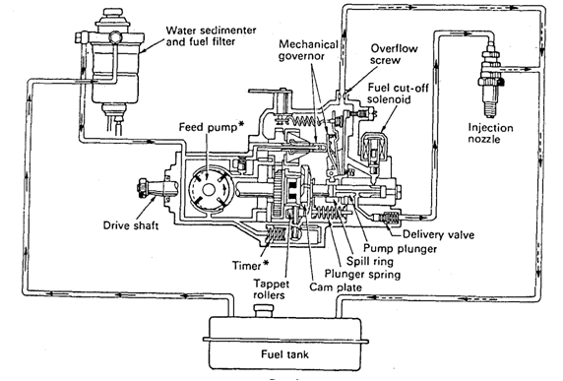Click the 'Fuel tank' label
click(284, 354)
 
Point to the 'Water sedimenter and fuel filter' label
click(211, 35)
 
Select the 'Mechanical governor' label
click(308, 50)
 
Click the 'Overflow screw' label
click(394, 54)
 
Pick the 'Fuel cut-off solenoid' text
click(398, 94)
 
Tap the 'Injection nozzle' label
click(490, 133)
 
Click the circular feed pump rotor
click(209, 190)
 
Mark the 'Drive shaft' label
click(131, 225)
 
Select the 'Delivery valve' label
click(438, 234)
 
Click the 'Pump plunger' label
click(400, 248)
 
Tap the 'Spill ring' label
click(369, 261)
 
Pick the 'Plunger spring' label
click(362, 274)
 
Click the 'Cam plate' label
click(336, 286)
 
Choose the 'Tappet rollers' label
click(271, 289)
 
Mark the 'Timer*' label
click(250, 265)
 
